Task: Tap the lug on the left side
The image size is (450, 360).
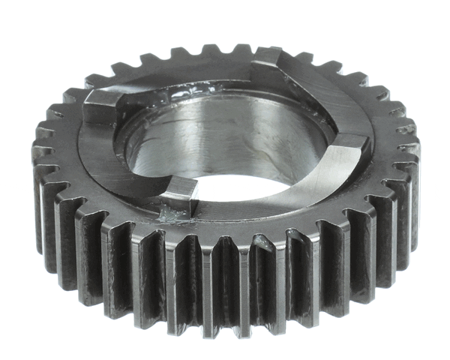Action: click(x=101, y=105)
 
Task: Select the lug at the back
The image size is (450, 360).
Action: click(x=268, y=62)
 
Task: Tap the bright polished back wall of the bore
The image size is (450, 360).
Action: click(x=225, y=135)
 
